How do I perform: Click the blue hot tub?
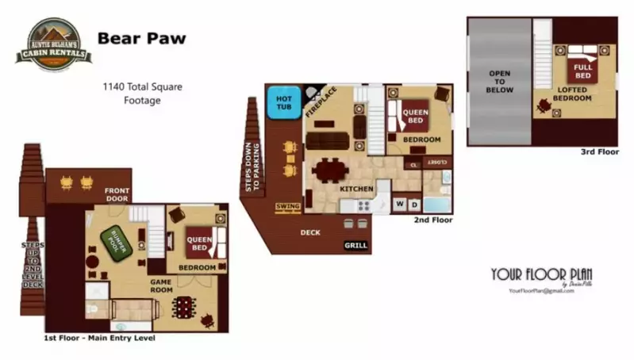[283, 103]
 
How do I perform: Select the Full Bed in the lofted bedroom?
[583, 71]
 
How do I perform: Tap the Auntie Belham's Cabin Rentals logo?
[53, 45]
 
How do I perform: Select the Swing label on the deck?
[287, 207]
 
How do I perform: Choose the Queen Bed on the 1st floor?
[198, 243]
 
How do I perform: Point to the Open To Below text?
[500, 81]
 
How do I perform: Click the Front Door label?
[117, 194]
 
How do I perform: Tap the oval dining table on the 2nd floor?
[329, 170]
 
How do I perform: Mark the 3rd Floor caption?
[599, 151]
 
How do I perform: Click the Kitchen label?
[356, 190]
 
